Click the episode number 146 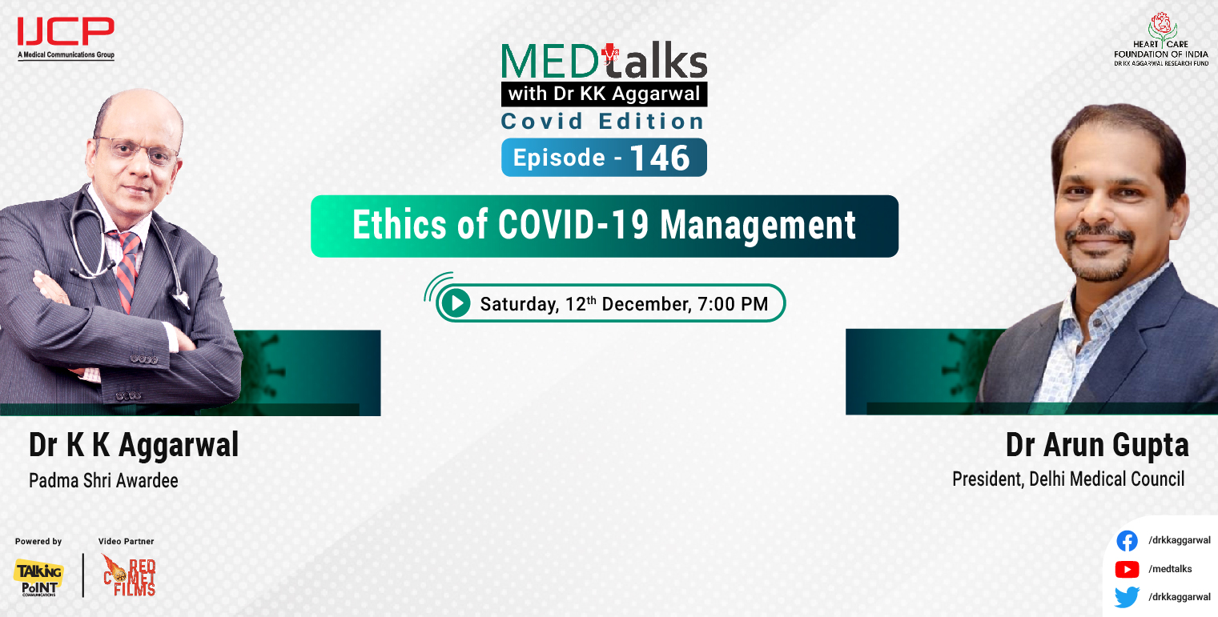tap(659, 158)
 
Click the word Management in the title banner tap(758, 226)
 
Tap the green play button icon tap(456, 303)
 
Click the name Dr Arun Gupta tap(1096, 445)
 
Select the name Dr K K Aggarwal tap(134, 445)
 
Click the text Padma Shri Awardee tap(103, 481)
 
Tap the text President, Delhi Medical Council tap(1067, 479)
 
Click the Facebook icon tap(1127, 541)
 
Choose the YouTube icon tap(1127, 569)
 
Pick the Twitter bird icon tap(1127, 597)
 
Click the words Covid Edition tap(602, 122)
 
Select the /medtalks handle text tap(1170, 569)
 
